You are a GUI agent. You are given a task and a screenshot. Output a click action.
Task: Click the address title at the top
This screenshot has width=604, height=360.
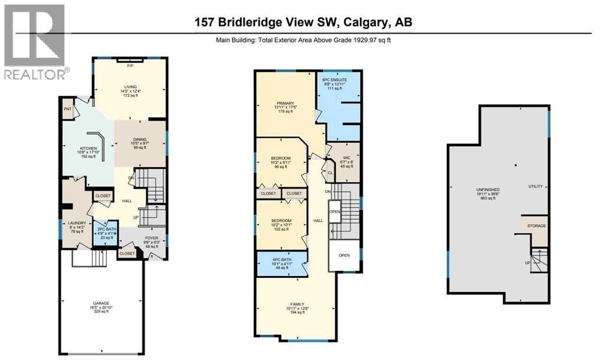pyautogui.click(x=304, y=22)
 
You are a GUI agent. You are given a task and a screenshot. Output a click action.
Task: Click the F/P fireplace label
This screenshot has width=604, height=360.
pyautogui.click(x=130, y=66)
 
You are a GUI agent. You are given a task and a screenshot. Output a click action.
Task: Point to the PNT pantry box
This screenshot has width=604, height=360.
pyautogui.click(x=68, y=109)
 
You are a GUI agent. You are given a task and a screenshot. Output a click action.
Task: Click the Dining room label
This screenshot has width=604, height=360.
pyautogui.click(x=140, y=142)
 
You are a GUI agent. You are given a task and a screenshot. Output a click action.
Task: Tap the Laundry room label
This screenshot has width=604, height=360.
pyautogui.click(x=77, y=227)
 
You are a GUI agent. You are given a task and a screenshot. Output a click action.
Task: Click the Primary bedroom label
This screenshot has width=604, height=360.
pyautogui.click(x=285, y=108)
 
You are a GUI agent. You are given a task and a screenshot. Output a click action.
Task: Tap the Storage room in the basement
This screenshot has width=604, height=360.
pyautogui.click(x=536, y=226)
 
